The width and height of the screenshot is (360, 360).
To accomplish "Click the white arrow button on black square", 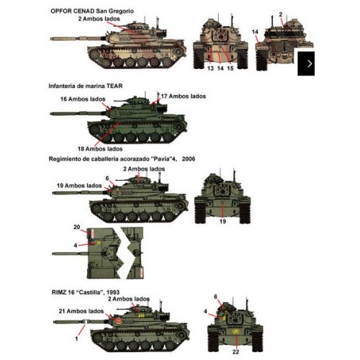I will tap(310, 63).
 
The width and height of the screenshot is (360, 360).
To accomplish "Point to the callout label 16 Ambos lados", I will tap(81, 99).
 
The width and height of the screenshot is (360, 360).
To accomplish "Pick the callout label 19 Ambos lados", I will tap(78, 186).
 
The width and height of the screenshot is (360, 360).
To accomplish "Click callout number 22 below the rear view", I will tap(235, 351).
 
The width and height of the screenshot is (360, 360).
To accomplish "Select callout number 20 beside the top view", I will tap(77, 228).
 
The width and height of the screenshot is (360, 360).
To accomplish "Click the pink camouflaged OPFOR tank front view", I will tap(219, 44).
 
